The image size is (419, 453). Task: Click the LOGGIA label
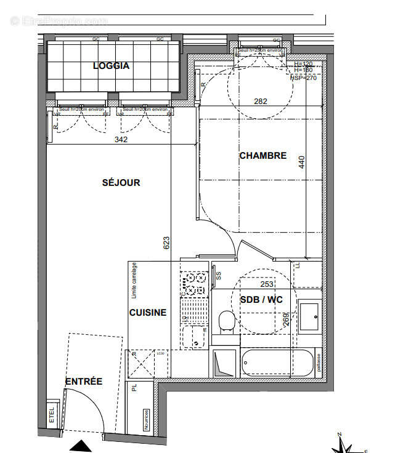coord(111,66)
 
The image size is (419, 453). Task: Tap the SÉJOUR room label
coord(121,182)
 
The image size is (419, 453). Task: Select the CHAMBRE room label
coord(262,156)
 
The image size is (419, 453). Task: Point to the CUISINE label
coord(147,313)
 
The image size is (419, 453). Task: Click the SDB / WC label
coord(261,299)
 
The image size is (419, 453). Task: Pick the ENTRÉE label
coord(84,382)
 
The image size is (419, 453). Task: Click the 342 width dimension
coord(121,140)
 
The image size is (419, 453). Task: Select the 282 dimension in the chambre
coord(261,102)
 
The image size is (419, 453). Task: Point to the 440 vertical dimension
coord(302,162)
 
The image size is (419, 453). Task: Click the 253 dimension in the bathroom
coord(266,284)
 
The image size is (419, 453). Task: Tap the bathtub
coord(275,363)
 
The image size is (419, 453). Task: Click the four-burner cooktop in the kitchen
coord(195,284)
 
